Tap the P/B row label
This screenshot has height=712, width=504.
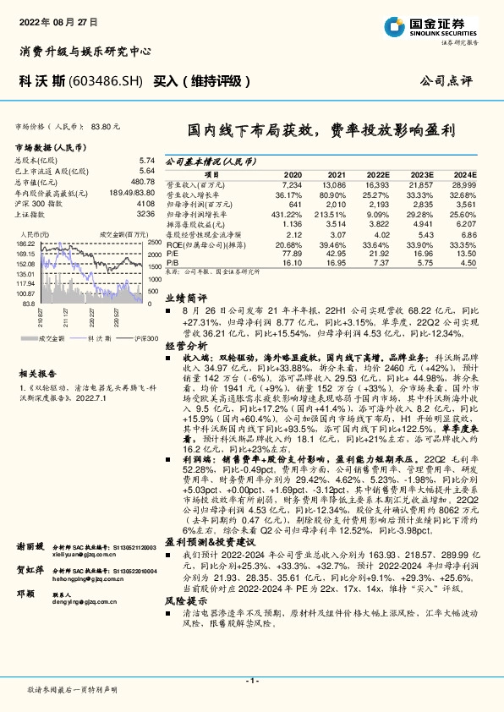click(171, 263)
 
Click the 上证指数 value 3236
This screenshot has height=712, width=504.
click(145, 215)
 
